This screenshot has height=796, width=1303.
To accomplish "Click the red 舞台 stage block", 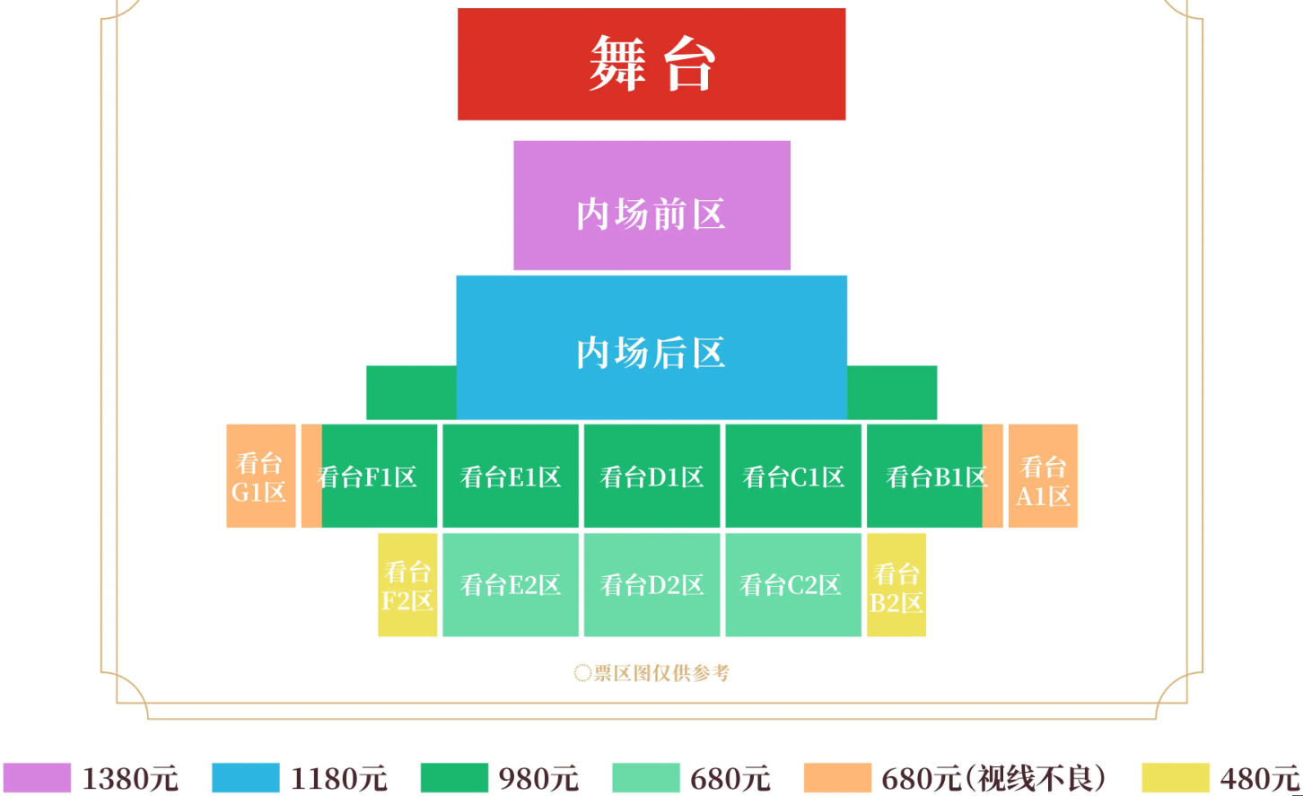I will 651,64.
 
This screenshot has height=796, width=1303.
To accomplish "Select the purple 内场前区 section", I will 651,206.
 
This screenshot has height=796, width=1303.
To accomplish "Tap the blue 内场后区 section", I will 651,347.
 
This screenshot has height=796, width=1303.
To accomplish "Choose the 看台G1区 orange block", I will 260,476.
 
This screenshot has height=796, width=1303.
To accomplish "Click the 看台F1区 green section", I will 379,476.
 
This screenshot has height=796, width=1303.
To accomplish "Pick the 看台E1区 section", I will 511,476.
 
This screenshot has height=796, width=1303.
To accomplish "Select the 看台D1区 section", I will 651,476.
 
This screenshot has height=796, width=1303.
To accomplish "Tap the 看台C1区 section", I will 793,476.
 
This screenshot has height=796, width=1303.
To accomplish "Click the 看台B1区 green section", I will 924,476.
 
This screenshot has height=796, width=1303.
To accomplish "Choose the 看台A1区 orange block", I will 1043,476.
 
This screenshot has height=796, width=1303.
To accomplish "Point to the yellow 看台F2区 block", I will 407,585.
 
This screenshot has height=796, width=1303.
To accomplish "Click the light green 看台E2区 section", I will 511,585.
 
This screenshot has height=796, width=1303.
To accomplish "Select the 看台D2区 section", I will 651,585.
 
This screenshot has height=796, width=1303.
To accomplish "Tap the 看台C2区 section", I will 793,585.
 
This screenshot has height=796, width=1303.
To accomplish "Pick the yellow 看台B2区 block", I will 896,585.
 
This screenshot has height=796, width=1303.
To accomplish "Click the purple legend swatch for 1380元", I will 37,777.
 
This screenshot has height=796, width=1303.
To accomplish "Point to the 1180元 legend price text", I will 338,778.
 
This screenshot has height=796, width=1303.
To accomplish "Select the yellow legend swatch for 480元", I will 1176,777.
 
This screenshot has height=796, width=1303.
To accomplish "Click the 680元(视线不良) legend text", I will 993,778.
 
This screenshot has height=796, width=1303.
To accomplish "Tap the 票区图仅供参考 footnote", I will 652,672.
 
